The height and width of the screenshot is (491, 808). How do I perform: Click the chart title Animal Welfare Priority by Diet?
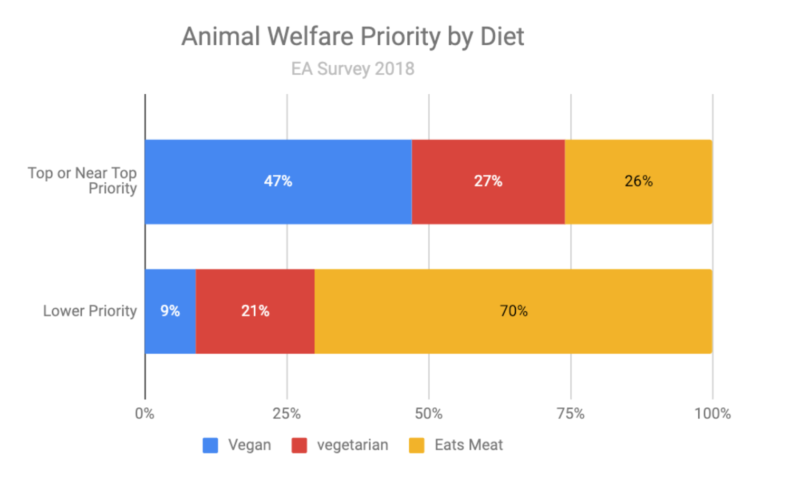coord(352,37)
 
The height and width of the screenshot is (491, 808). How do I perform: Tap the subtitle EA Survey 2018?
coord(352,69)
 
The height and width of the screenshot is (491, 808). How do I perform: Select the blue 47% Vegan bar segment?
coord(278,182)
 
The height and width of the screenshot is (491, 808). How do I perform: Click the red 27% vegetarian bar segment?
coord(488,182)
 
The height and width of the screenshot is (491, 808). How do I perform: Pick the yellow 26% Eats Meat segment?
coord(638,182)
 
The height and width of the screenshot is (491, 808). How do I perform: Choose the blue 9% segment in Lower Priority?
coord(170,311)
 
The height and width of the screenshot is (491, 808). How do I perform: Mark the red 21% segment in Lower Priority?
coord(255,311)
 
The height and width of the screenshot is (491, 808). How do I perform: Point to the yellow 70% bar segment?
coord(513,311)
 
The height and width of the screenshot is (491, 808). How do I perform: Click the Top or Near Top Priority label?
coord(83,181)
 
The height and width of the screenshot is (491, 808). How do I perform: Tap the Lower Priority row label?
coord(90,311)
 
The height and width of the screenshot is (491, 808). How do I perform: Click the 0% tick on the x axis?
coord(145,414)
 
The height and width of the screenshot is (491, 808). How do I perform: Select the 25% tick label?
coord(286,414)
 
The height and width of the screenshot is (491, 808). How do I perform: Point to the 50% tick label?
coord(428,414)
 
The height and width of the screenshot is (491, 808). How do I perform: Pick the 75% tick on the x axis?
coord(571,414)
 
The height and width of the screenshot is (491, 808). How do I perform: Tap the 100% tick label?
coord(712,414)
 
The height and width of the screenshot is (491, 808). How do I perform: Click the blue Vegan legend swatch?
coord(210,446)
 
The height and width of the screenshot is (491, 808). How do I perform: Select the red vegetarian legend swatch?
coord(299,446)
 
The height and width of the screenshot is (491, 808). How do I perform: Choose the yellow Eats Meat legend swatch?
coord(417,446)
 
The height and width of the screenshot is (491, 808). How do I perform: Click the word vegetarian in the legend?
coord(352,446)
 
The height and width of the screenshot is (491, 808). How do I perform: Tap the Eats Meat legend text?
coord(468,446)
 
